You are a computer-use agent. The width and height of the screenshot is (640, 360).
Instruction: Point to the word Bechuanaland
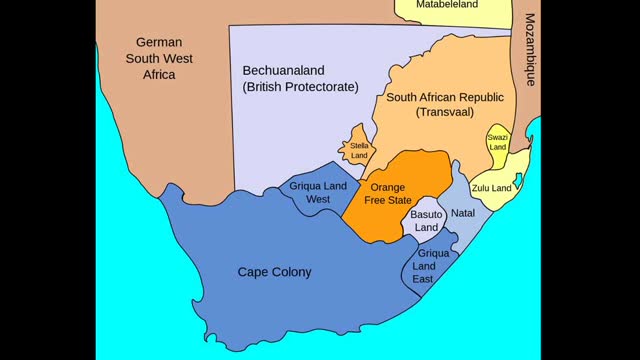[284, 70]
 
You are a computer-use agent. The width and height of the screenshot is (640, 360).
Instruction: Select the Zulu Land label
[491, 188]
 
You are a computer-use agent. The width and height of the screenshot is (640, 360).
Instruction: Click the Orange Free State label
[390, 192]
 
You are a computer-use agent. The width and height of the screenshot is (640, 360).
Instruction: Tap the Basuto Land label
[427, 221]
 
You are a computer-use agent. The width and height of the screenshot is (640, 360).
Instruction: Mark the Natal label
[462, 213]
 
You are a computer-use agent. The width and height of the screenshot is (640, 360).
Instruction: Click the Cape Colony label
[274, 271]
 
